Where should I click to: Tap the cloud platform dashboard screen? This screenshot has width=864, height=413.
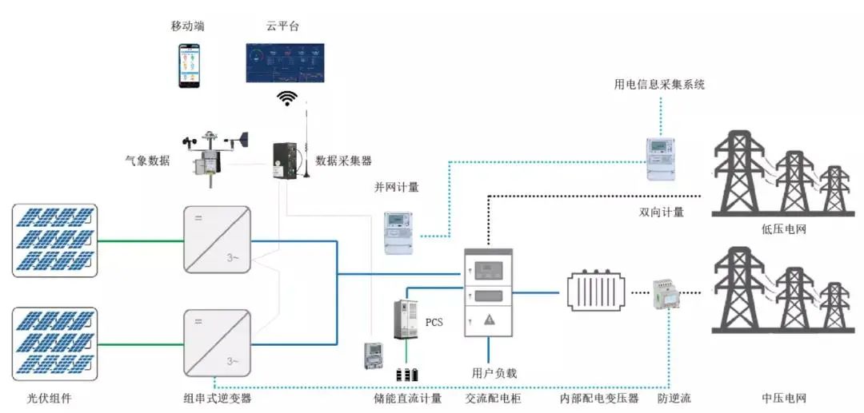(286, 62)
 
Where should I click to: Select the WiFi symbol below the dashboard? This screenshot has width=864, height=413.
(286, 98)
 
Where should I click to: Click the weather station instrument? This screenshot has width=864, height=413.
(213, 157)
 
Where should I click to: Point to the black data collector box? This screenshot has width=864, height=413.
(286, 161)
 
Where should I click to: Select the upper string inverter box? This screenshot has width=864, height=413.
(217, 240)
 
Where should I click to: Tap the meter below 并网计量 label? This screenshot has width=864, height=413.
(402, 232)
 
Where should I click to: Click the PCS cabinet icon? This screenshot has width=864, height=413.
(406, 320)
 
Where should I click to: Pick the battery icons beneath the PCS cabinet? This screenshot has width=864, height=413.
(408, 374)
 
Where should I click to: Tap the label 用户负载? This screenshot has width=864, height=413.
(494, 372)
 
